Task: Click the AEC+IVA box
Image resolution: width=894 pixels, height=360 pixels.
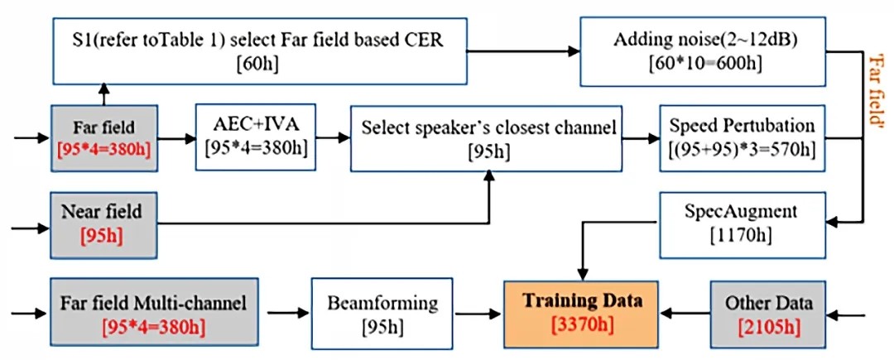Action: [256, 137]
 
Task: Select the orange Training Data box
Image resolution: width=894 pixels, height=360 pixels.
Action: [580, 314]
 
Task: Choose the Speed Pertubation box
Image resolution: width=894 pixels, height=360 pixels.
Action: [743, 137]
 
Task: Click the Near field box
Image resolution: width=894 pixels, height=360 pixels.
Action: [103, 225]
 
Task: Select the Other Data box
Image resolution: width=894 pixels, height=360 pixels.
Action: [767, 314]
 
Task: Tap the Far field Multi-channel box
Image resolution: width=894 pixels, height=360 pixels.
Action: [154, 313]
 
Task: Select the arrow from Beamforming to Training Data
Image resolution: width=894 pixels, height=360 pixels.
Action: [479, 313]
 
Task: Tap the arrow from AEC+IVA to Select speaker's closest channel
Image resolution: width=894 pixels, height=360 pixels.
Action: [333, 137]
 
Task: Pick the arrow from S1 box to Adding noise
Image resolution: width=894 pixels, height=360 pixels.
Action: [523, 51]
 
